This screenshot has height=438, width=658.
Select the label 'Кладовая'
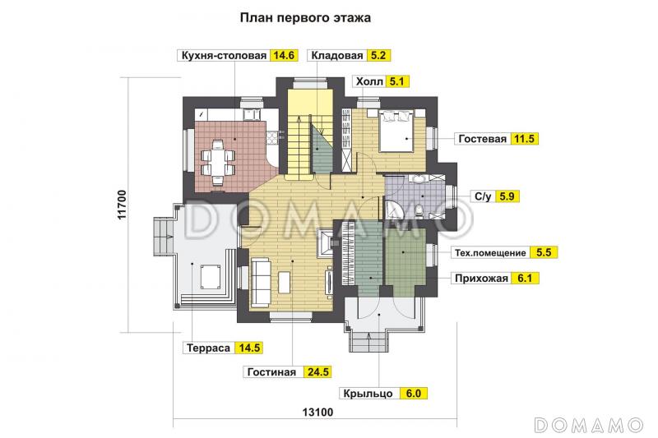[336, 56]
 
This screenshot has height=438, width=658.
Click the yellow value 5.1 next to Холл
[398, 81]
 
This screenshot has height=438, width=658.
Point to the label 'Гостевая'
[483, 139]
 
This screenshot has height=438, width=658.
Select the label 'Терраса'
[207, 348]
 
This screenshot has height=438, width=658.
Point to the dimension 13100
[316, 413]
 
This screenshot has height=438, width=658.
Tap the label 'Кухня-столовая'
[224, 56]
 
